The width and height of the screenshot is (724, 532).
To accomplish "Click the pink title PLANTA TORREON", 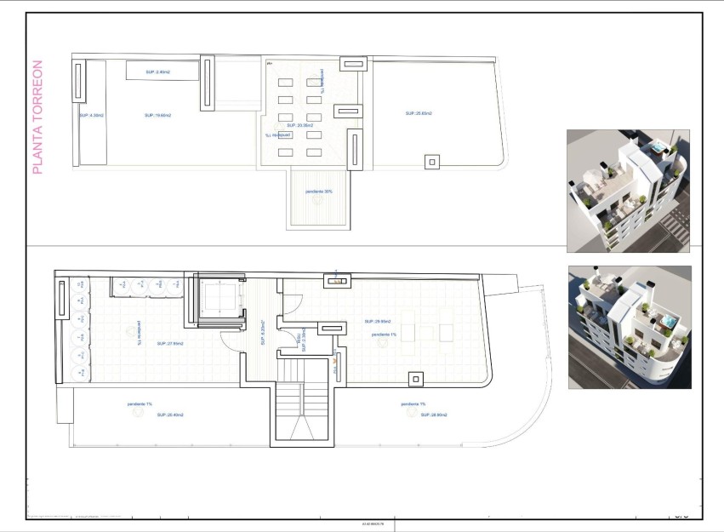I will click(37, 117).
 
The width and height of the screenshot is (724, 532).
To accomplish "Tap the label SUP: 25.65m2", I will click(419, 113).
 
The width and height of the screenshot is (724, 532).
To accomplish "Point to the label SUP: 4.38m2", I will click(91, 115).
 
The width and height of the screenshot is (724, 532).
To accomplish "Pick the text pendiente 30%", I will click(319, 192).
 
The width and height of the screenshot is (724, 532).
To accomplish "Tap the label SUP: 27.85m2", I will click(171, 344).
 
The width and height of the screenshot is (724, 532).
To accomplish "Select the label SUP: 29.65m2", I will click(377, 322).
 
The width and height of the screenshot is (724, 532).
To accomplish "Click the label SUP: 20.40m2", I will click(170, 415).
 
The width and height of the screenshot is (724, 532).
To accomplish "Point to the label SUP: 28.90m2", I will click(434, 415).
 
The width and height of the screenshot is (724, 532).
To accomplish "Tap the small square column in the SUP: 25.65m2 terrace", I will click(432, 162).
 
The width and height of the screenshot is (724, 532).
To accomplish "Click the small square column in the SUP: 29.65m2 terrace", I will click(415, 380).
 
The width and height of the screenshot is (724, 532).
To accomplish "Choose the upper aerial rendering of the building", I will click(628, 191).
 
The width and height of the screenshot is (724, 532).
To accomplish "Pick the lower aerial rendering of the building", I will click(630, 327).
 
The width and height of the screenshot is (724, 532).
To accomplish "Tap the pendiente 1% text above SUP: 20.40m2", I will click(140, 403).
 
